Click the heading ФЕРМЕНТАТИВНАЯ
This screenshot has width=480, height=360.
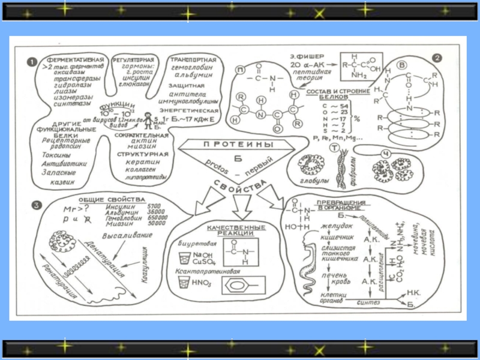pos(77,61)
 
